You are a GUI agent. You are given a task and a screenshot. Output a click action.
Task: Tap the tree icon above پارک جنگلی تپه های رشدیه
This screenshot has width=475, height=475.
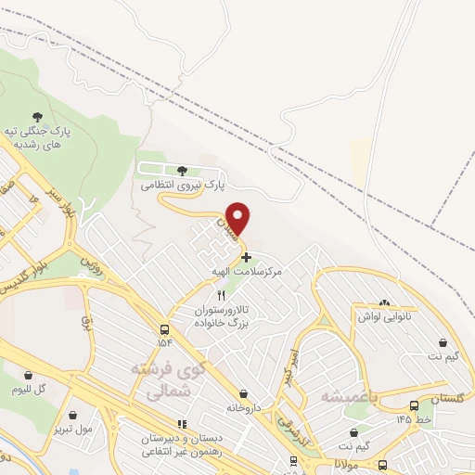(37, 117)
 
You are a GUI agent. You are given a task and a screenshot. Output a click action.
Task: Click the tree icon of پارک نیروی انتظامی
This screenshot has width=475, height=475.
(182, 170)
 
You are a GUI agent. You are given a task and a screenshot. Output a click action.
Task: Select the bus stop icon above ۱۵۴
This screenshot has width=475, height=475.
(165, 330)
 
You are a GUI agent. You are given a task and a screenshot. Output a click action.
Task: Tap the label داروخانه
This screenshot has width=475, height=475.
(245, 407)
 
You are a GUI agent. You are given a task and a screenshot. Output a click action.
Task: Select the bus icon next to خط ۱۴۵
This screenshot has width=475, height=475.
(414, 405)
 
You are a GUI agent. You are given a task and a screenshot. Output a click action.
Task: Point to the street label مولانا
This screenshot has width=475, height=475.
(350, 461)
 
